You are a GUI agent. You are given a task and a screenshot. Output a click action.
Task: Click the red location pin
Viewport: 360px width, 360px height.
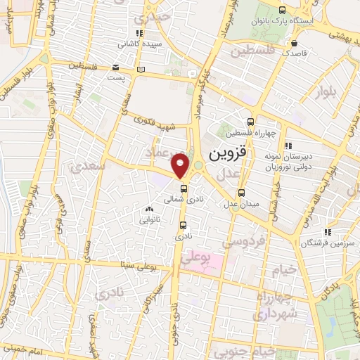pos(181,165)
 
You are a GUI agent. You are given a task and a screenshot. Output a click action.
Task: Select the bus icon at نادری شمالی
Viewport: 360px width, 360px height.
pos(184,189)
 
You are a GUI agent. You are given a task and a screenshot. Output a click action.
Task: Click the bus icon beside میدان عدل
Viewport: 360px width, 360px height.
pos(242,193)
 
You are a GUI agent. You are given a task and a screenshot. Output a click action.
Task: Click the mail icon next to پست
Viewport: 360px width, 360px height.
pos(115,67)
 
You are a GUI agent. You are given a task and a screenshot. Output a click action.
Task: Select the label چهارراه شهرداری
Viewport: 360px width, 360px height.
pos(277,307)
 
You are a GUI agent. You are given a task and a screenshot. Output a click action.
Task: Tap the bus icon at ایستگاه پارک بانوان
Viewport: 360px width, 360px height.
pos(282,11)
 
